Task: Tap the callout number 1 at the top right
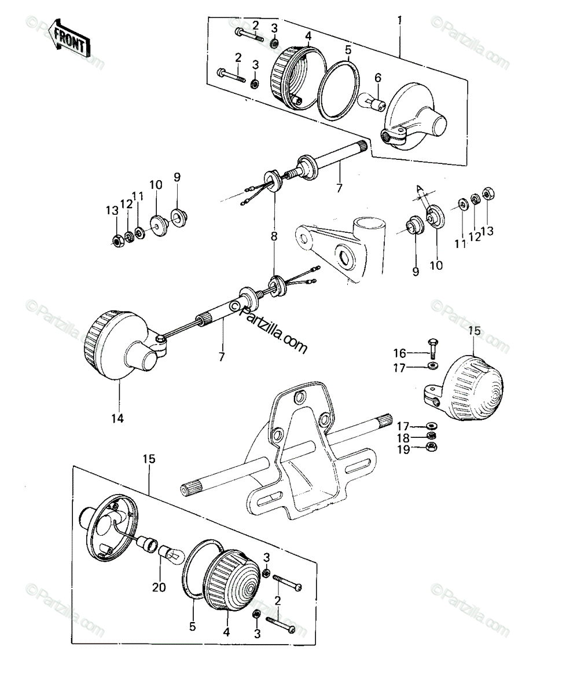click(399, 20)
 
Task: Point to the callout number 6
click(378, 78)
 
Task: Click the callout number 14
click(117, 418)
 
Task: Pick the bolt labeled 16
click(433, 349)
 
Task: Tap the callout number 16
click(399, 353)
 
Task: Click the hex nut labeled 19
click(432, 447)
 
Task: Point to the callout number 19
click(403, 449)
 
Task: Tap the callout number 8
click(274, 236)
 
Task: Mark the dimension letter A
click(420, 188)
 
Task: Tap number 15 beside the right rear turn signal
click(475, 331)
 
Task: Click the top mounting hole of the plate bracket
click(300, 397)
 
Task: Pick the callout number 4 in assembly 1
click(308, 36)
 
